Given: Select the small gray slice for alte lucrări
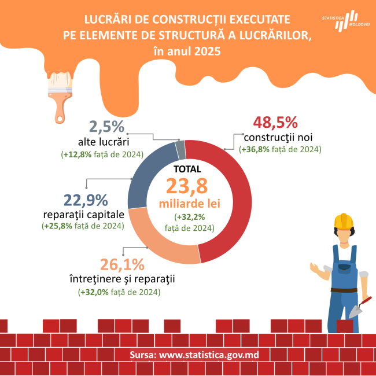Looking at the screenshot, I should click(180, 150).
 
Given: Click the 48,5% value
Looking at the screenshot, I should click(275, 123).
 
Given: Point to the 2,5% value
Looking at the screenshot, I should click(106, 127).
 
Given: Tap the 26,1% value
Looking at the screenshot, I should click(122, 264).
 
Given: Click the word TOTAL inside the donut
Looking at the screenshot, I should click(187, 169).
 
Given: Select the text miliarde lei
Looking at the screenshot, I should click(186, 204).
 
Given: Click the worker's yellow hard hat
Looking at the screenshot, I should click(343, 222).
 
